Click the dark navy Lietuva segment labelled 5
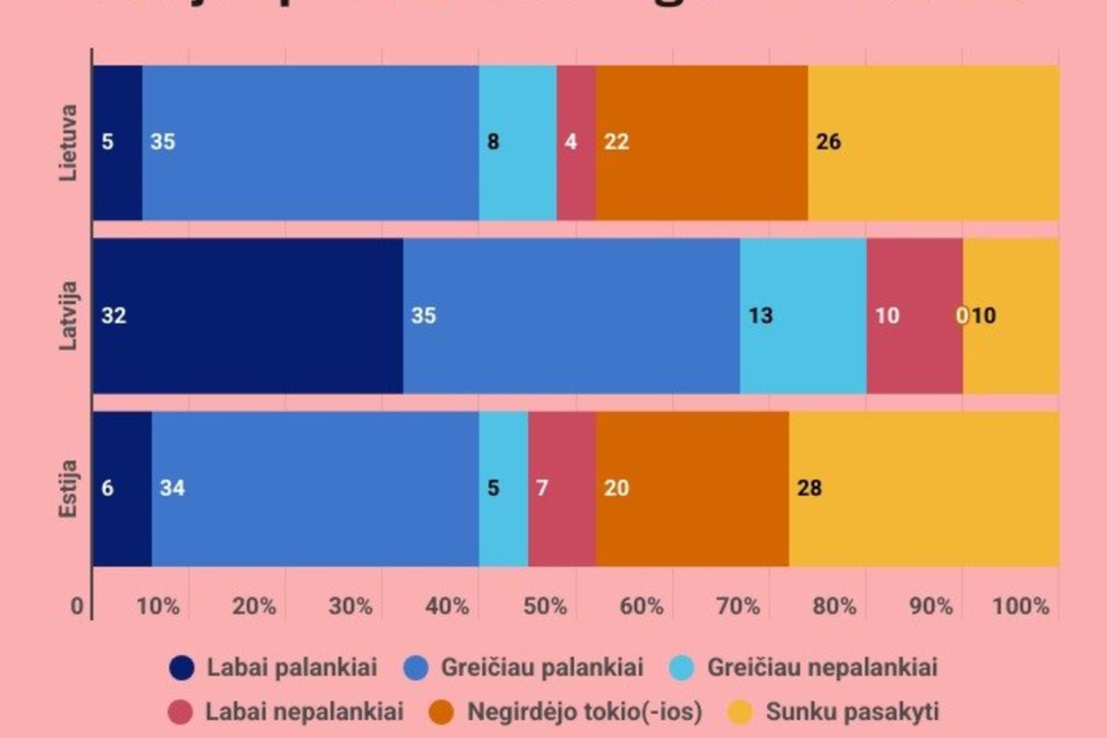coord(117,143)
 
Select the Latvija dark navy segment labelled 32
coord(248,316)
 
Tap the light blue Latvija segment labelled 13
coord(803,316)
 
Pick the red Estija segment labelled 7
coord(561,489)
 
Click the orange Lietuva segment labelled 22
coord(701,143)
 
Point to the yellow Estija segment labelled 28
coord(923,489)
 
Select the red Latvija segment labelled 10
coord(914,316)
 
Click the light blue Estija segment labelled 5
coord(503,489)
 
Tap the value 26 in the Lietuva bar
coord(828,142)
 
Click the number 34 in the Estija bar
coord(172,488)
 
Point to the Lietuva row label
coord(69,143)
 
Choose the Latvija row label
coord(69,316)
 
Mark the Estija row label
coord(69,489)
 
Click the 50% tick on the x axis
coord(545,606)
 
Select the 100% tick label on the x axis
coord(1020,606)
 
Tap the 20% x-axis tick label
coord(254,606)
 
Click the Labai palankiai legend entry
coord(274,667)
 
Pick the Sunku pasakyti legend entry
coord(833,712)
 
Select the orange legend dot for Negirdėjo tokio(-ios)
coord(441,712)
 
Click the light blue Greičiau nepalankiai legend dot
coord(681,667)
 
